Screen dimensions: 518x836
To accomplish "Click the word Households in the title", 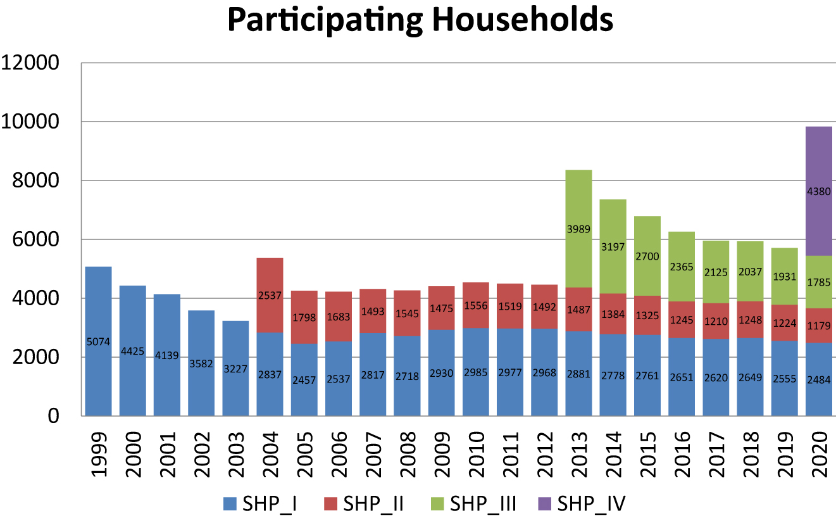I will tap(523, 20).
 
